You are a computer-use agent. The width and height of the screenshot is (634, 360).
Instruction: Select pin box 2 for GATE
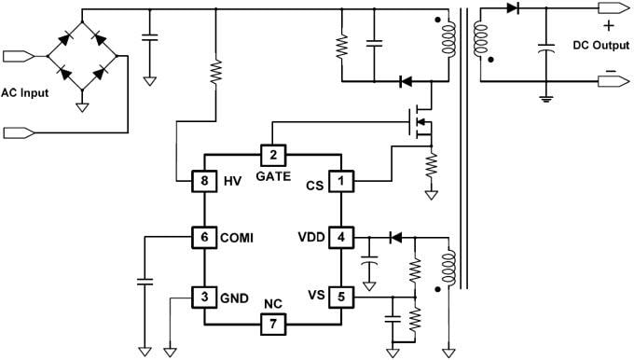[x=272, y=155]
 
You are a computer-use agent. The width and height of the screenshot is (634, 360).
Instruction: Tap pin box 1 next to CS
[x=343, y=181]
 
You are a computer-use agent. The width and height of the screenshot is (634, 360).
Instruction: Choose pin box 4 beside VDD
[x=343, y=237]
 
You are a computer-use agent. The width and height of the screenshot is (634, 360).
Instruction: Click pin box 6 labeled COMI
[x=203, y=237]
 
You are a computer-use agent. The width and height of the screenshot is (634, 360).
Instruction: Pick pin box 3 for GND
[x=203, y=298]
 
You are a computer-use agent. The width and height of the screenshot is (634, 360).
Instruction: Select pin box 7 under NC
[x=272, y=324]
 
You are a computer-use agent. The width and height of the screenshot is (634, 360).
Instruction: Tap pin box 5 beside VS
[x=343, y=298]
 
